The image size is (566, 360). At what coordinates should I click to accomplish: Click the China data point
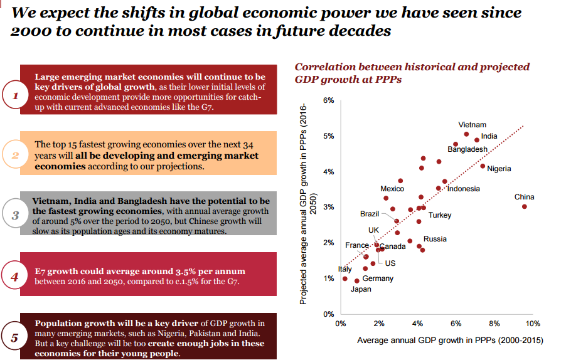point(524,206)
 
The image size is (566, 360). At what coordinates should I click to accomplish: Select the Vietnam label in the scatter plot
point(472,125)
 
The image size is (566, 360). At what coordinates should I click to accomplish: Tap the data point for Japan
point(357,281)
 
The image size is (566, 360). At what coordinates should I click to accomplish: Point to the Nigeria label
point(499,169)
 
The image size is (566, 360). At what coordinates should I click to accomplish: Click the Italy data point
point(344,278)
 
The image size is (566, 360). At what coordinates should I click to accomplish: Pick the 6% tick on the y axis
point(329,100)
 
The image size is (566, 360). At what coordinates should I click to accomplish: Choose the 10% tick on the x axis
point(533,324)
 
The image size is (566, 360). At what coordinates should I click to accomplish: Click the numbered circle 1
point(15,96)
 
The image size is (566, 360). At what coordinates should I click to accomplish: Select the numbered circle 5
point(15,337)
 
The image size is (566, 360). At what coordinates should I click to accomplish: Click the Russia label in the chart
point(435,239)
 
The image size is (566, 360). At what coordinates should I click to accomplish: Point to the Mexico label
point(392,189)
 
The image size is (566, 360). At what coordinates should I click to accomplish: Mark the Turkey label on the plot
point(440,215)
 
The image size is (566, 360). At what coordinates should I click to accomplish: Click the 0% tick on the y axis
point(329,314)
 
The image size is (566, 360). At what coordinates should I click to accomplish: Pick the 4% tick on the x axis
point(417,324)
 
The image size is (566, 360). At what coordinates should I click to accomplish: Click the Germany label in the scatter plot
point(378,278)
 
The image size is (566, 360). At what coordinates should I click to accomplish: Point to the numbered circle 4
point(15,277)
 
